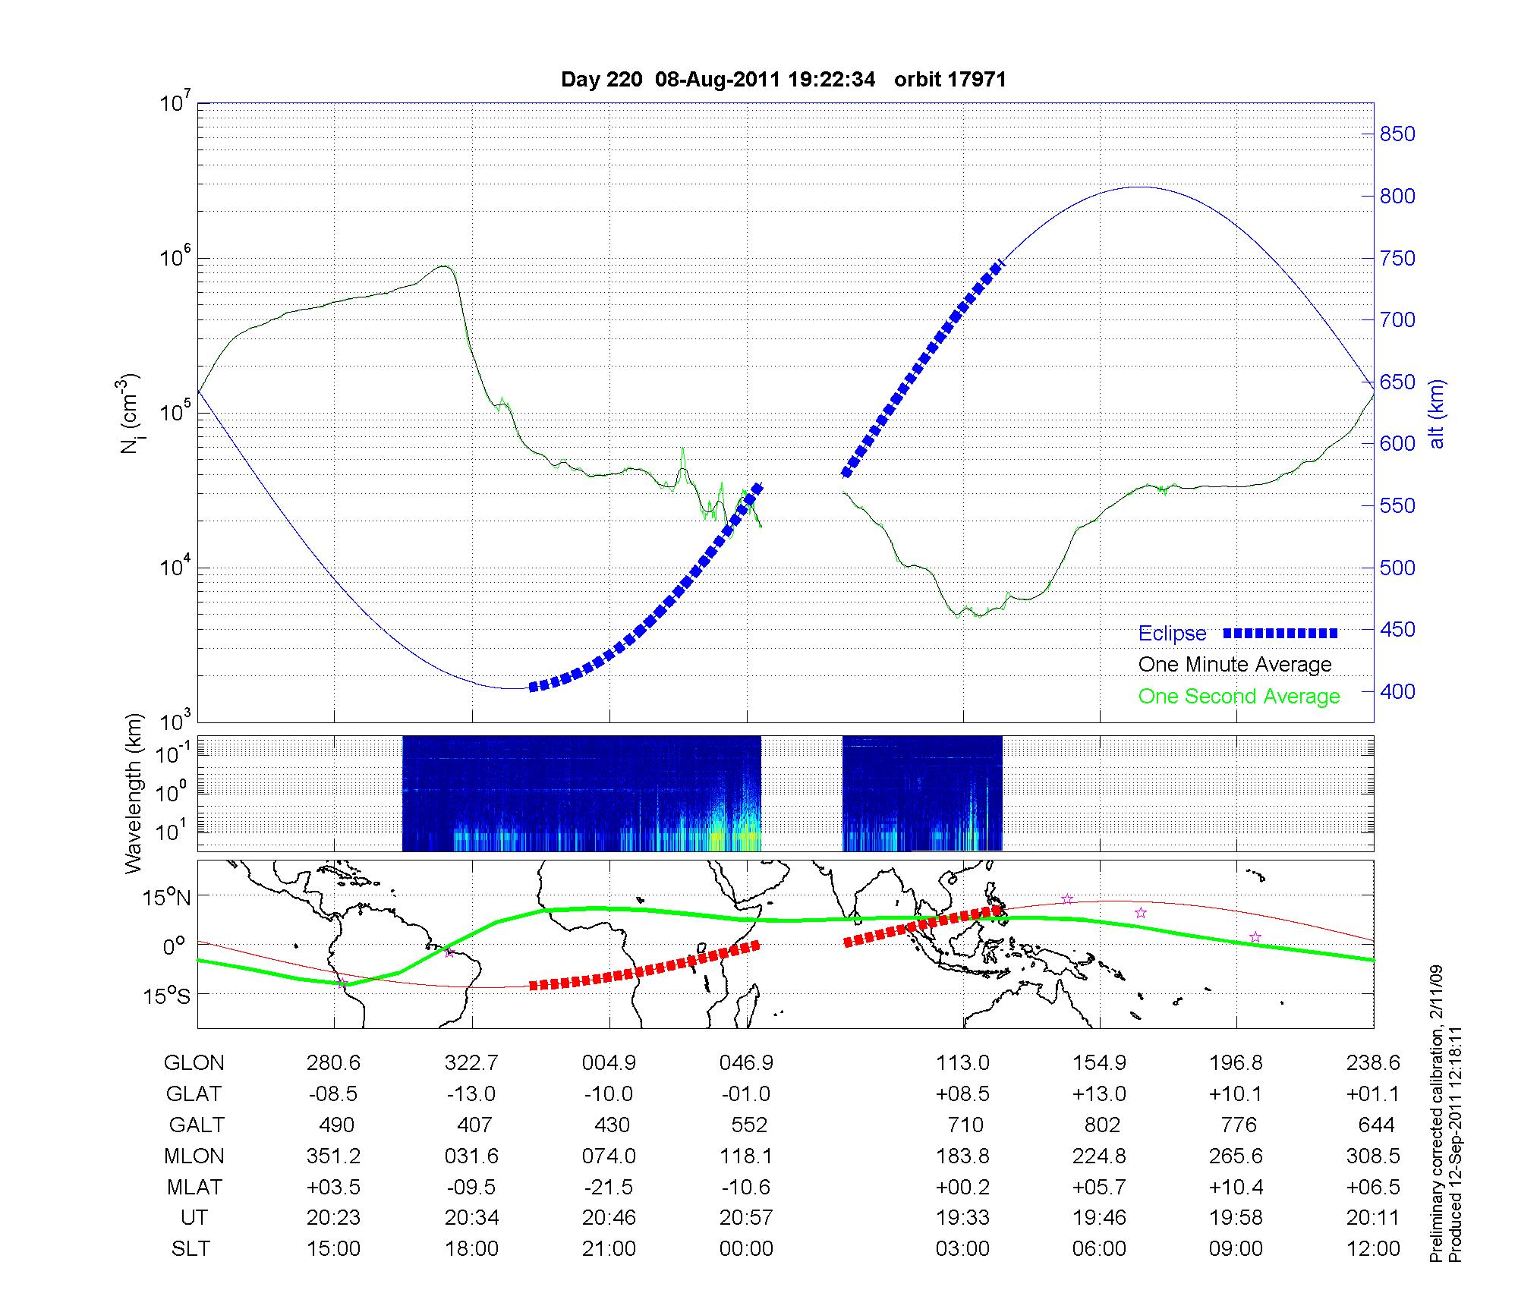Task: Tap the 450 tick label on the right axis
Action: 1397,630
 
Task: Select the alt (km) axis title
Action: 1437,413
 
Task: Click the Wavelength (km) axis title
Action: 134,793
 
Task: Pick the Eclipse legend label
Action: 1172,634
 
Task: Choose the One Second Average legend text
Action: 1239,697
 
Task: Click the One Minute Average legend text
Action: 1235,665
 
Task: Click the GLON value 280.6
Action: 334,1063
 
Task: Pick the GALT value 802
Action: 1102,1125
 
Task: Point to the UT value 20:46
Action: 609,1218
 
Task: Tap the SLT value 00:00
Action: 746,1249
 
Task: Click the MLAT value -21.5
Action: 609,1187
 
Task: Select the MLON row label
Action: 194,1156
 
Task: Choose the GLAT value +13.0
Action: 1099,1094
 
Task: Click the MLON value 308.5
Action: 1373,1156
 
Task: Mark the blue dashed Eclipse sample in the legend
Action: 1280,633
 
